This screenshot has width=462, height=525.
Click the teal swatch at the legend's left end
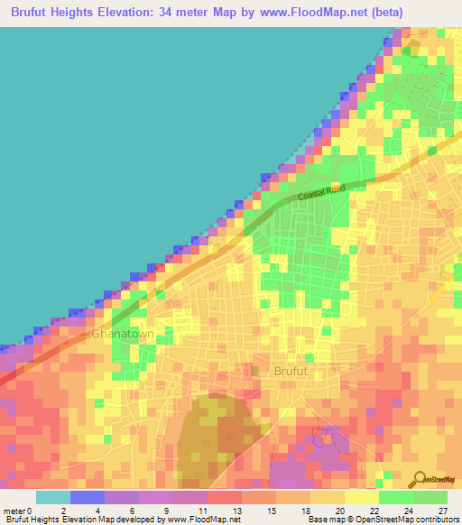click(52, 497)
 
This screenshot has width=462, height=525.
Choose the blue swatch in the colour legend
click(87, 497)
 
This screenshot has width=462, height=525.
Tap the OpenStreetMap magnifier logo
click(421, 479)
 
